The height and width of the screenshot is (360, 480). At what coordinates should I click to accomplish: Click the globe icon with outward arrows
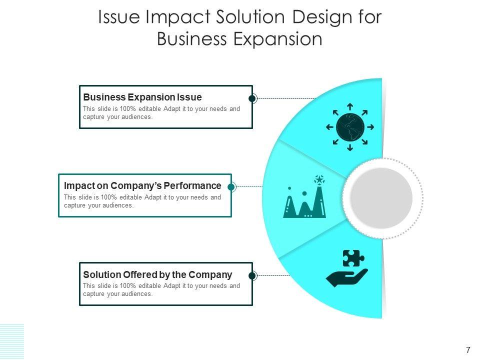point(350,127)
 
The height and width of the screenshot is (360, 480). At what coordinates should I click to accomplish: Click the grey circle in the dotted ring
point(381,198)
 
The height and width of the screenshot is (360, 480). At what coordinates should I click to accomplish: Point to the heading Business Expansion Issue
point(142,97)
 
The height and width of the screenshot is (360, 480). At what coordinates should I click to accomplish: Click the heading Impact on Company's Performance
point(142,185)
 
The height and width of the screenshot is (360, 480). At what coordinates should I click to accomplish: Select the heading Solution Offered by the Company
point(157,274)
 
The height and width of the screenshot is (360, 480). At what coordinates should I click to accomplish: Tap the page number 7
point(468,349)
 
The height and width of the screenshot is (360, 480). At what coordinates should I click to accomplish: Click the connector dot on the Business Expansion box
point(252,98)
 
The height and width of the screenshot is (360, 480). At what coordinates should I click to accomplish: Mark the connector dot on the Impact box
point(231,187)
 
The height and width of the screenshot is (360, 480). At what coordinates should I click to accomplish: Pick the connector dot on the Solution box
point(252,275)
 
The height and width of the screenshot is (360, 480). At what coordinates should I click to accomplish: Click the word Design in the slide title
point(311,17)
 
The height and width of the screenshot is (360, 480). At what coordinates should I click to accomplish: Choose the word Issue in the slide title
point(118,17)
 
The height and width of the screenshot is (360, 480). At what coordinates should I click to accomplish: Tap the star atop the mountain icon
point(319,178)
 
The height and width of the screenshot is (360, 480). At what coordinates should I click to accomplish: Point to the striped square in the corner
point(12,341)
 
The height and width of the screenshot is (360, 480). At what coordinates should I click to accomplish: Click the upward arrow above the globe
point(350,106)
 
